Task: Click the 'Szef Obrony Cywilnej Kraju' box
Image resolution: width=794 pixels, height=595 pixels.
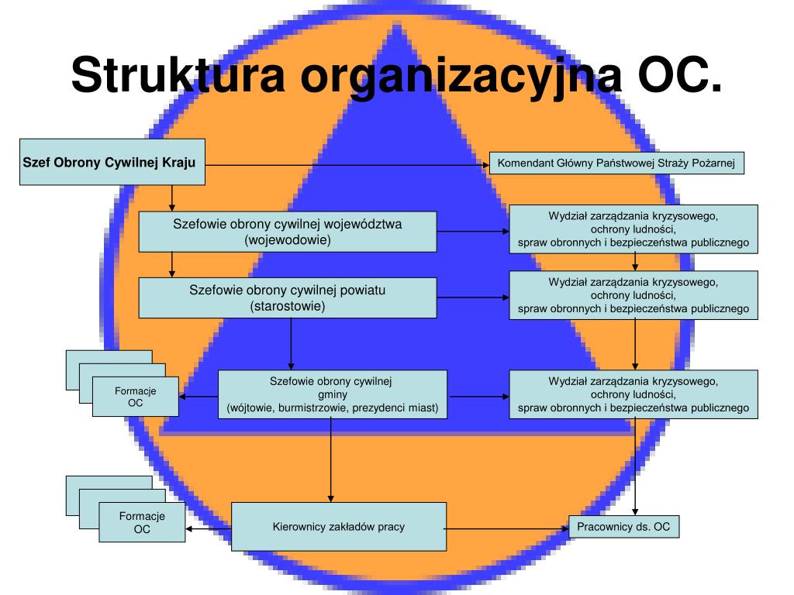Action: (112, 162)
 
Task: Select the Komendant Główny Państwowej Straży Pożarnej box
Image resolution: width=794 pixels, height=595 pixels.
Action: (616, 163)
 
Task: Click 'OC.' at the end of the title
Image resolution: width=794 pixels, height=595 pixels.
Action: (679, 75)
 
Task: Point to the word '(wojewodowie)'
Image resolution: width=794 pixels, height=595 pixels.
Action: (288, 240)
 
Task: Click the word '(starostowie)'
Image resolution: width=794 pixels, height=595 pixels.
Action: (288, 306)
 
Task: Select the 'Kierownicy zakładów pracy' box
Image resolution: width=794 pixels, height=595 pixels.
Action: (339, 527)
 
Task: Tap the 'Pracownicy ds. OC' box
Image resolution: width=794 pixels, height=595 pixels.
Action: (624, 527)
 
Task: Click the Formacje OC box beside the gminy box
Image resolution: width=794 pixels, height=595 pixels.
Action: (135, 397)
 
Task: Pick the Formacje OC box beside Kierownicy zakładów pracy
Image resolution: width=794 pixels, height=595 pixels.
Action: (142, 522)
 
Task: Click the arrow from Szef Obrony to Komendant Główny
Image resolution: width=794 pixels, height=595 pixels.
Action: (347, 165)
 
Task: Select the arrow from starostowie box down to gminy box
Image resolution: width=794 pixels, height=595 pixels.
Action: (291, 344)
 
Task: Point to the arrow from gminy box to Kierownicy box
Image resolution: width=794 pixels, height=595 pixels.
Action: (330, 460)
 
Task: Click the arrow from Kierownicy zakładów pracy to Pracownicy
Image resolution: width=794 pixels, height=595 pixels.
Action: (507, 529)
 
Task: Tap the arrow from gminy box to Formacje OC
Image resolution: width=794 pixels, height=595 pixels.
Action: (198, 397)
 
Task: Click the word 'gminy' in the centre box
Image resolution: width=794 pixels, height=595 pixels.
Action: (333, 394)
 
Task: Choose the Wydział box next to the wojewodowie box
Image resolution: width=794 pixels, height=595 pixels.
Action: (633, 229)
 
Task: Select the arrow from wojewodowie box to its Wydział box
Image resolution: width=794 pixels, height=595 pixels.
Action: (473, 231)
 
